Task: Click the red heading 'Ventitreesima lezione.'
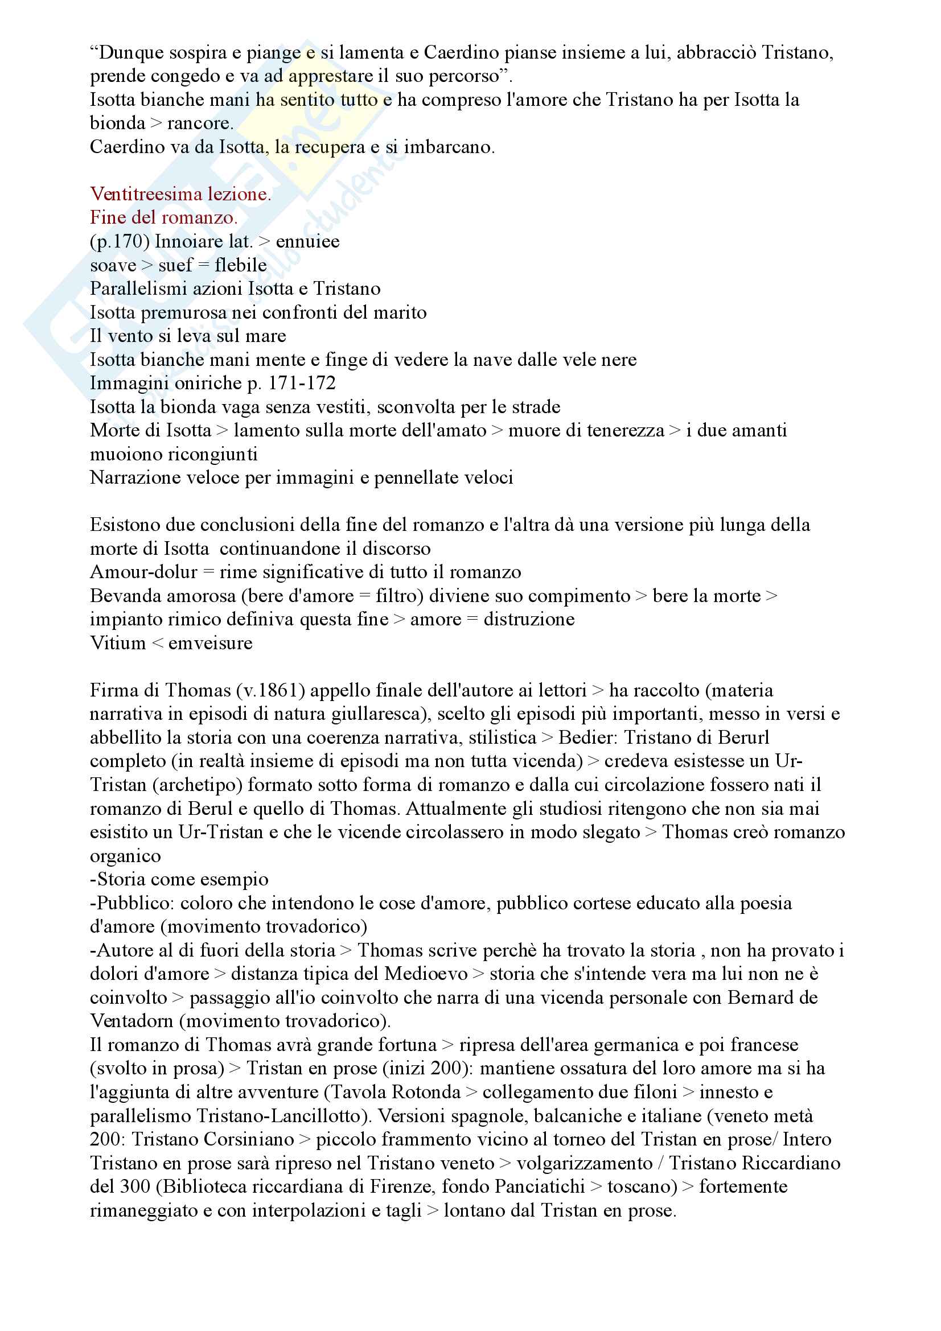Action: tap(180, 193)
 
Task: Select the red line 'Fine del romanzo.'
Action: tap(163, 217)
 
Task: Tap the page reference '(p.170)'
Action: tap(120, 241)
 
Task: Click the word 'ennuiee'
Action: tap(307, 241)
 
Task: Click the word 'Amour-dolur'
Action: tap(143, 572)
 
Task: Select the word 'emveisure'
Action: tap(211, 643)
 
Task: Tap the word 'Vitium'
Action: tap(118, 643)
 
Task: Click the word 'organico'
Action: tap(125, 856)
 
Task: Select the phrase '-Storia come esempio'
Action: tap(179, 879)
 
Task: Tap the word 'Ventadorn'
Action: tap(132, 1021)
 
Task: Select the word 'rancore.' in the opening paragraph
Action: tap(200, 123)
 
